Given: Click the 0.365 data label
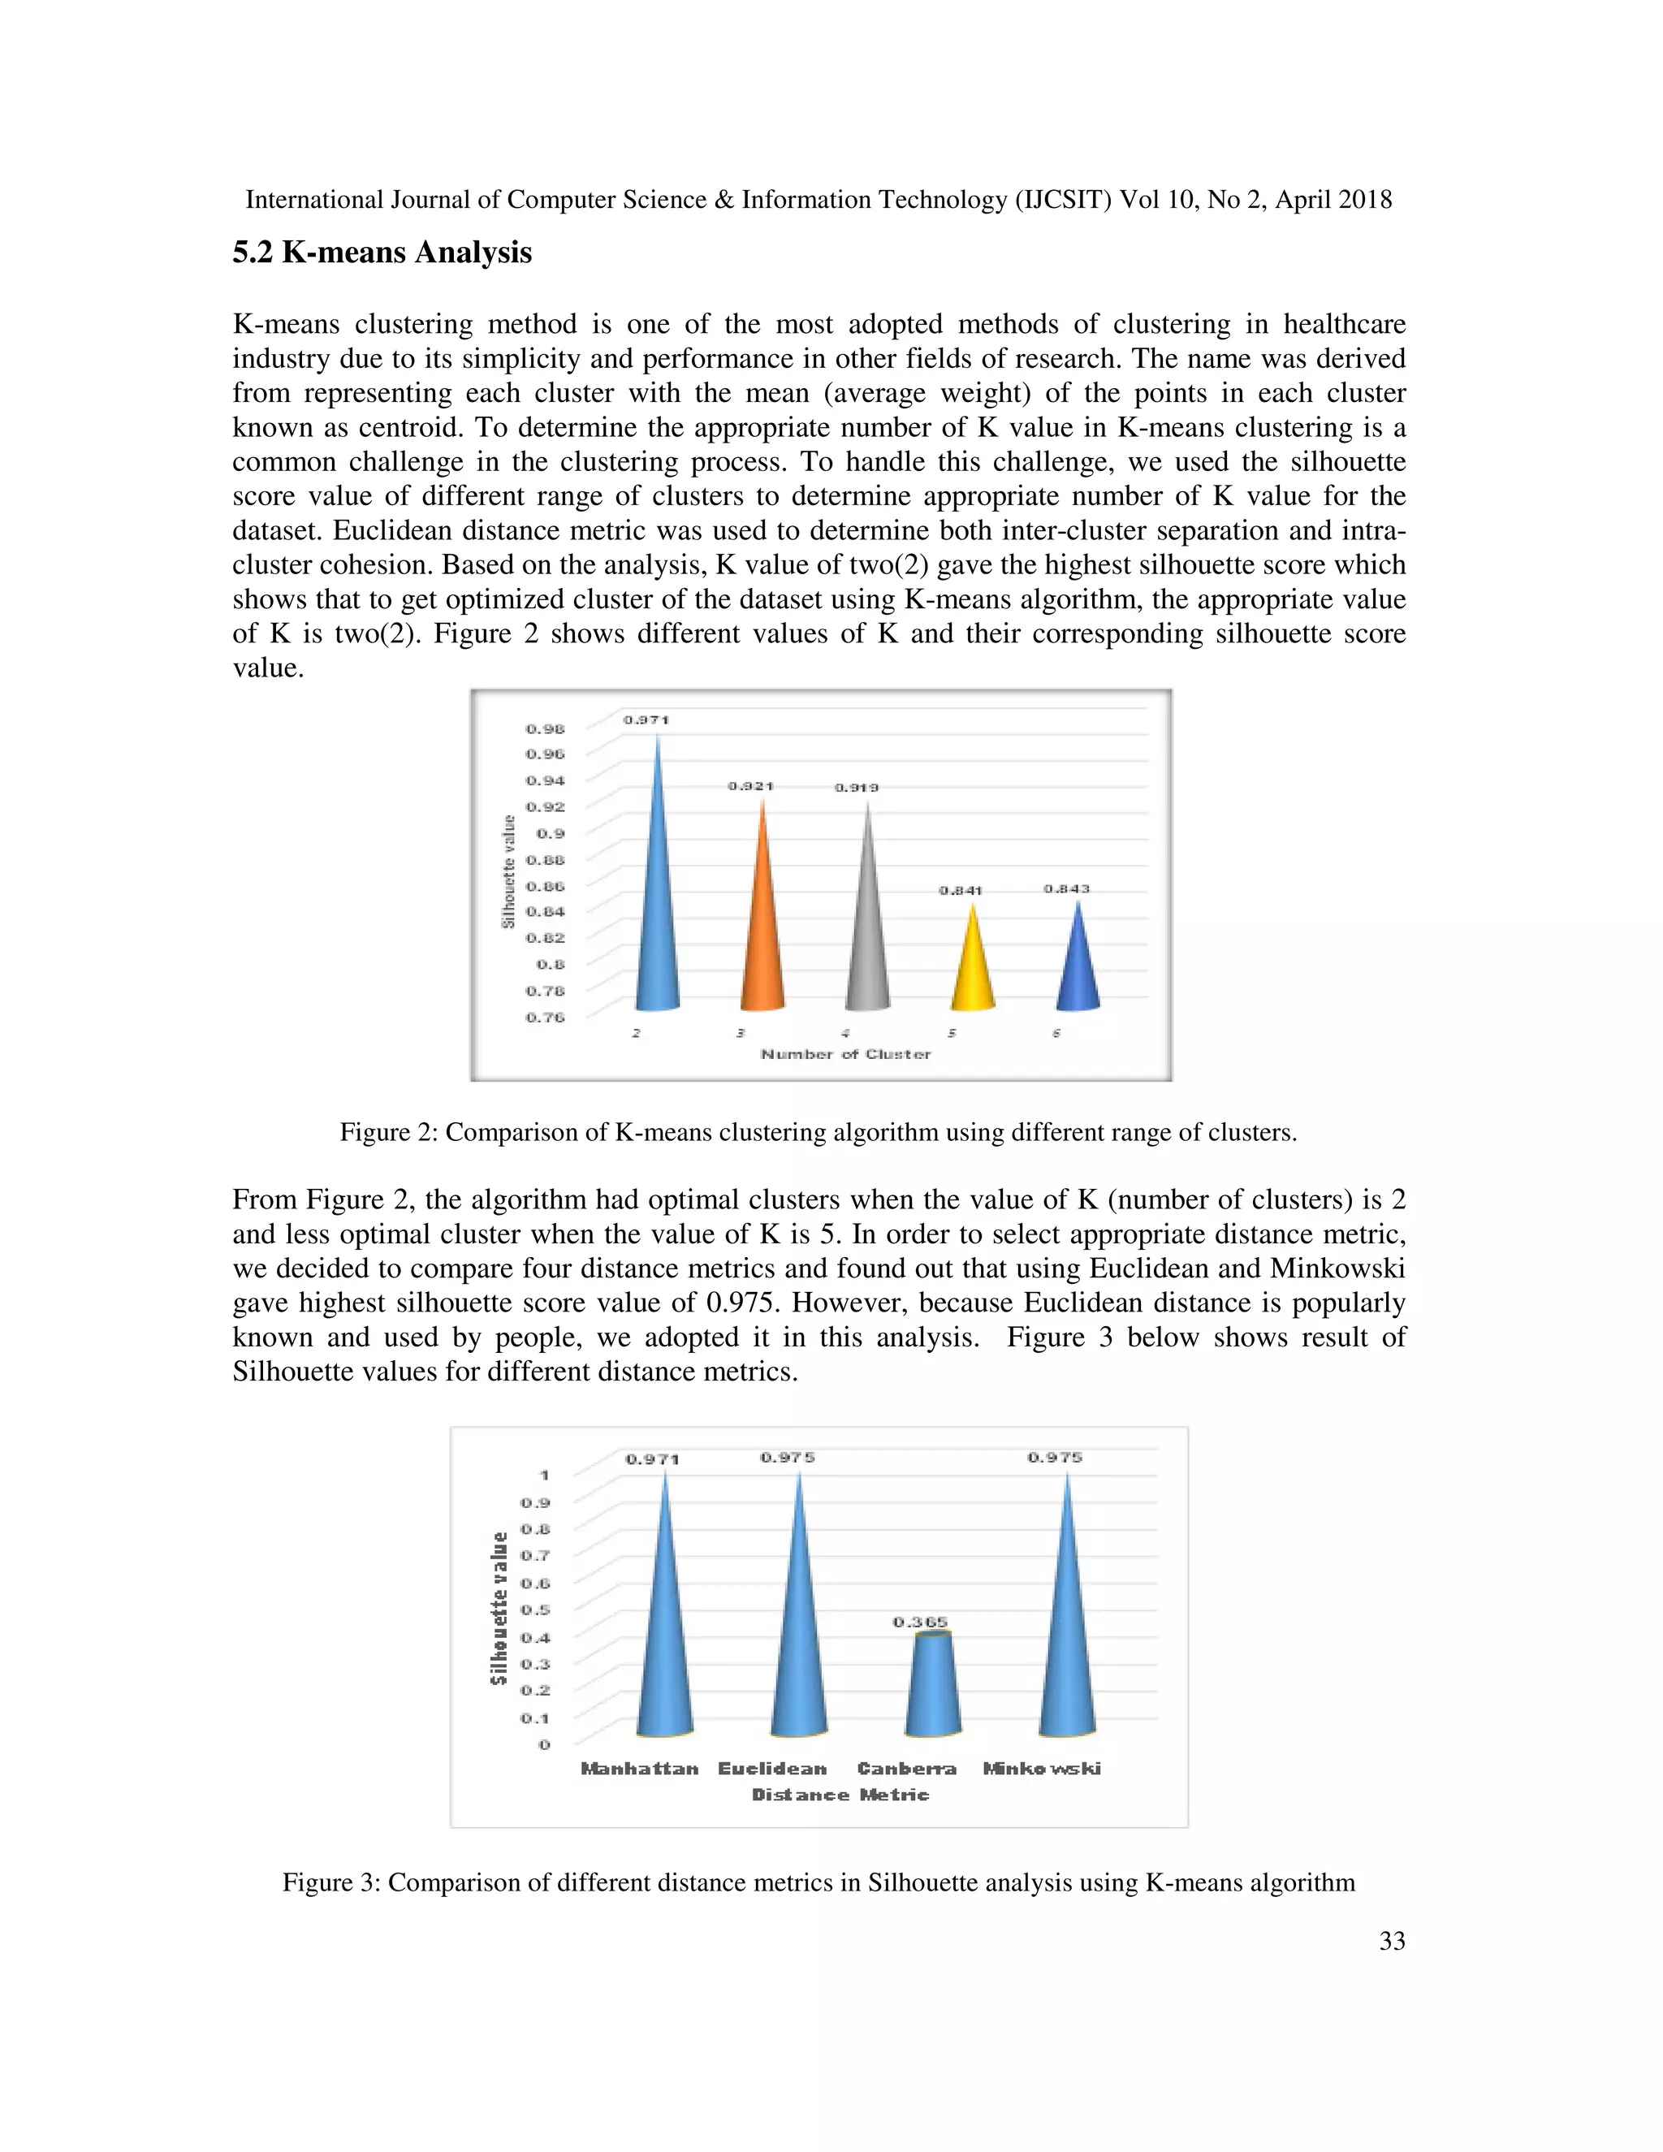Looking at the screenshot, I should click(x=920, y=1622).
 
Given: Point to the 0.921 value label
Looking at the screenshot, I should click(x=751, y=786).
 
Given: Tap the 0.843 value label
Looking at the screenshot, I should click(x=1066, y=888).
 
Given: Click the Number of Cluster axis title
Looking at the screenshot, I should click(x=845, y=1054).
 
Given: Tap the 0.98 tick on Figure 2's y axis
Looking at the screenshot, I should click(x=545, y=729).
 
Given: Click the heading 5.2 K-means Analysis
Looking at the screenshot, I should click(x=382, y=253).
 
